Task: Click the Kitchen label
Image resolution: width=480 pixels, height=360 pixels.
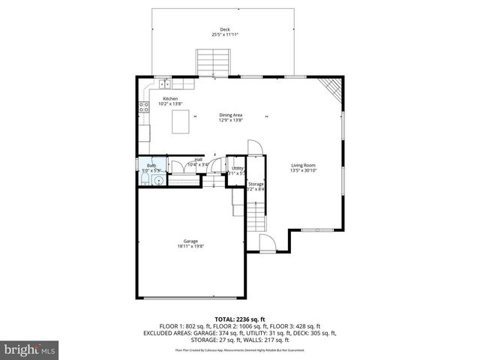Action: [170, 99]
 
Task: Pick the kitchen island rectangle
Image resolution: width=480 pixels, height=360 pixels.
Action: [181, 121]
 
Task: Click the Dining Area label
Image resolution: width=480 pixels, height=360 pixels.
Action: [229, 115]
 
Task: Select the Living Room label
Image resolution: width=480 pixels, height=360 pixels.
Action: [303, 165]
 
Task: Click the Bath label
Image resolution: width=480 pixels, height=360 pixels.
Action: [151, 166]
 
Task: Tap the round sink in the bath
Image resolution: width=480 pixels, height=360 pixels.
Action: [157, 179]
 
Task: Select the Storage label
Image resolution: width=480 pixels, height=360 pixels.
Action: [256, 184]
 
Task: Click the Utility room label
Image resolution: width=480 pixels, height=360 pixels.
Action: [237, 168]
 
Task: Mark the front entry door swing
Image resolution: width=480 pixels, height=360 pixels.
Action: [266, 241]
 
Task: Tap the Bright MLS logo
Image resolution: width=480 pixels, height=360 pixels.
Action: [30, 349]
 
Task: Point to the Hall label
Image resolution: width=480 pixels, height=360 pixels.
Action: [199, 159]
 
